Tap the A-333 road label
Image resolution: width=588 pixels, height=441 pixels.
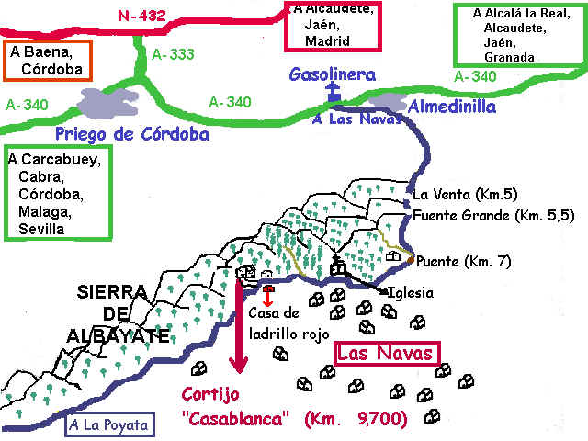(x=171, y=54)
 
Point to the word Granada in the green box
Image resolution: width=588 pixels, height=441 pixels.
(x=511, y=57)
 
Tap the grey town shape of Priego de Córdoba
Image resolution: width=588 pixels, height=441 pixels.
(x=108, y=101)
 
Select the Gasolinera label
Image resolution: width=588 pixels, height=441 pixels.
(x=332, y=73)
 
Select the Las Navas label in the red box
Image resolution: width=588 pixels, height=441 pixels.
(x=385, y=353)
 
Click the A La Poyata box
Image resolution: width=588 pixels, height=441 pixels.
(x=108, y=425)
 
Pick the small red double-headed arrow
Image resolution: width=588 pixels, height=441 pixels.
(x=267, y=297)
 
